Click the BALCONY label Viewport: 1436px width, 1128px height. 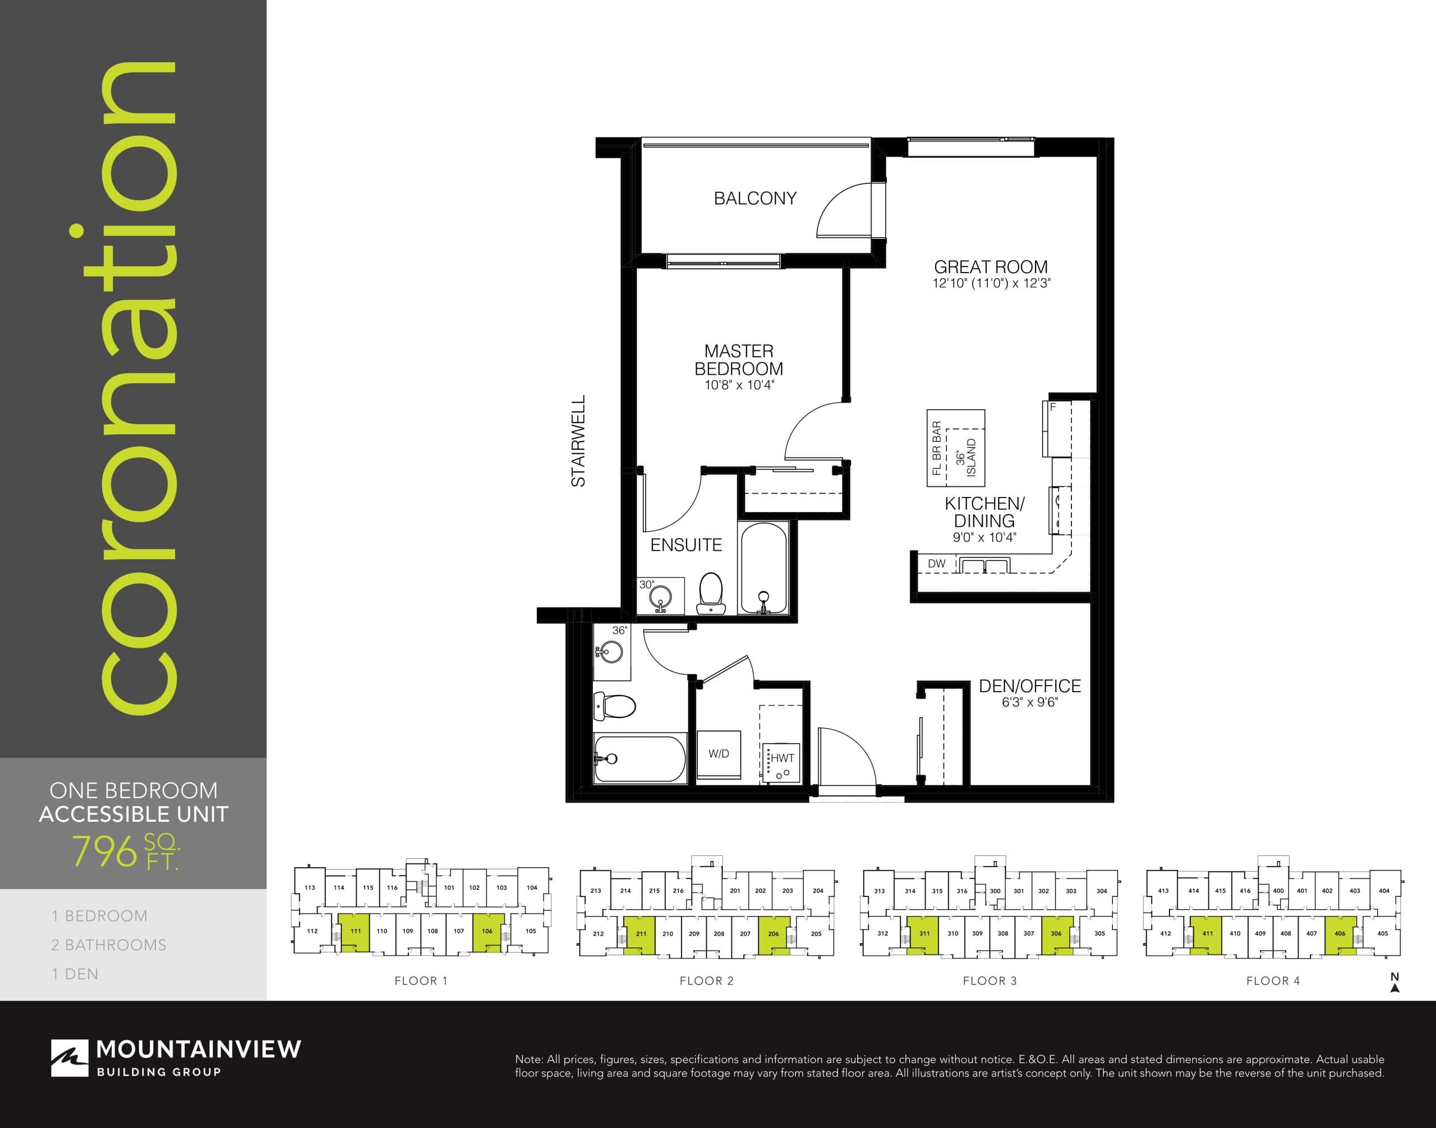tap(755, 198)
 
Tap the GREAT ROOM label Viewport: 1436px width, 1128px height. tap(990, 268)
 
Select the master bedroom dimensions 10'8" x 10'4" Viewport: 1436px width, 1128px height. tap(739, 385)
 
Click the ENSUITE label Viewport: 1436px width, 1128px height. tap(685, 545)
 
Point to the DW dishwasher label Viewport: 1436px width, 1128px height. tap(937, 563)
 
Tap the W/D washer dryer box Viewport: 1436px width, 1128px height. tap(719, 753)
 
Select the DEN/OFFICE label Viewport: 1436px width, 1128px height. tap(1030, 686)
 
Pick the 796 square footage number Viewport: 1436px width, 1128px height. tap(104, 851)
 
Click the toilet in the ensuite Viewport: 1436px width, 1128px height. tap(711, 592)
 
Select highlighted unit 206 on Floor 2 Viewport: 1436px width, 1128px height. tap(774, 934)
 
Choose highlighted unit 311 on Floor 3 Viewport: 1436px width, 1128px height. tap(923, 934)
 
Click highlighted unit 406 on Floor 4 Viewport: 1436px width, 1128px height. tap(1340, 934)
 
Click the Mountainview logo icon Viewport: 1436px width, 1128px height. tap(70, 1058)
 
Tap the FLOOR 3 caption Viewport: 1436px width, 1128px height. tap(989, 980)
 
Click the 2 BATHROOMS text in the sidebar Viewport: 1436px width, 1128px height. tap(109, 945)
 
